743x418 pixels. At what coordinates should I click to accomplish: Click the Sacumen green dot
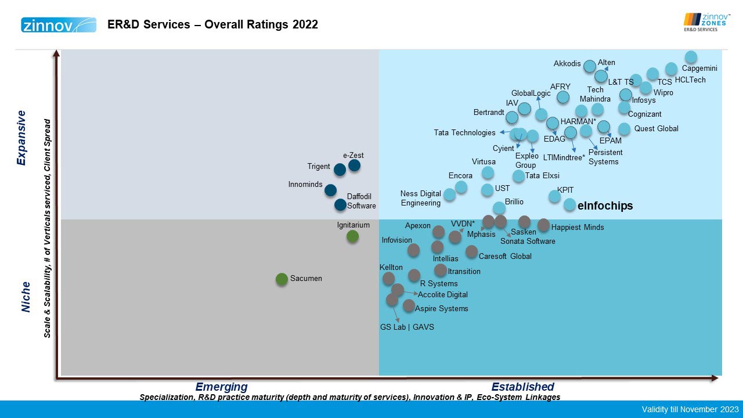[x=282, y=279]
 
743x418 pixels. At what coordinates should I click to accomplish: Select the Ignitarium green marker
[x=352, y=236]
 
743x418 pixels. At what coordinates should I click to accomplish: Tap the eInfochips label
[x=605, y=206]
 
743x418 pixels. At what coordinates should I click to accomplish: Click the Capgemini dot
[x=691, y=57]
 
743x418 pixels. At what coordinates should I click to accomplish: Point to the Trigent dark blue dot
[x=340, y=170]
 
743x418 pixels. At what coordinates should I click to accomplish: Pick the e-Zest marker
[x=354, y=165]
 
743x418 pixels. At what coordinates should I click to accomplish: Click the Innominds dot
[x=330, y=190]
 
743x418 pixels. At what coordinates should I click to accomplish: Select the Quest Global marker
[x=624, y=129]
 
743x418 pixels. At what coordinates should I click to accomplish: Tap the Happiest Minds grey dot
[x=543, y=225]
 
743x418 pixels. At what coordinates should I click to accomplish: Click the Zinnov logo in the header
[x=58, y=25]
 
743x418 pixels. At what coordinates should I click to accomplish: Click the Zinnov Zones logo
[x=706, y=22]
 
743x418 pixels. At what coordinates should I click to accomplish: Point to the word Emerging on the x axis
[x=221, y=387]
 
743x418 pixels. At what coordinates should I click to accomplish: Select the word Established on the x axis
[x=522, y=387]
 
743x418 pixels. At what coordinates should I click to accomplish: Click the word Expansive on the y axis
[x=22, y=138]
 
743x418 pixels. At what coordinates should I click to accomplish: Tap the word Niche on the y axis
[x=26, y=297]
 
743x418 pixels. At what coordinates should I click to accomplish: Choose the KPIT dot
[x=555, y=196]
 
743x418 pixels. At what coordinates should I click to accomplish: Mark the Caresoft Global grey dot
[x=471, y=252]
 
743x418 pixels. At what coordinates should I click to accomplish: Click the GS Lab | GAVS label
[x=407, y=327]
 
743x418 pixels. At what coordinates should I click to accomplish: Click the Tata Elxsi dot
[x=518, y=175]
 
